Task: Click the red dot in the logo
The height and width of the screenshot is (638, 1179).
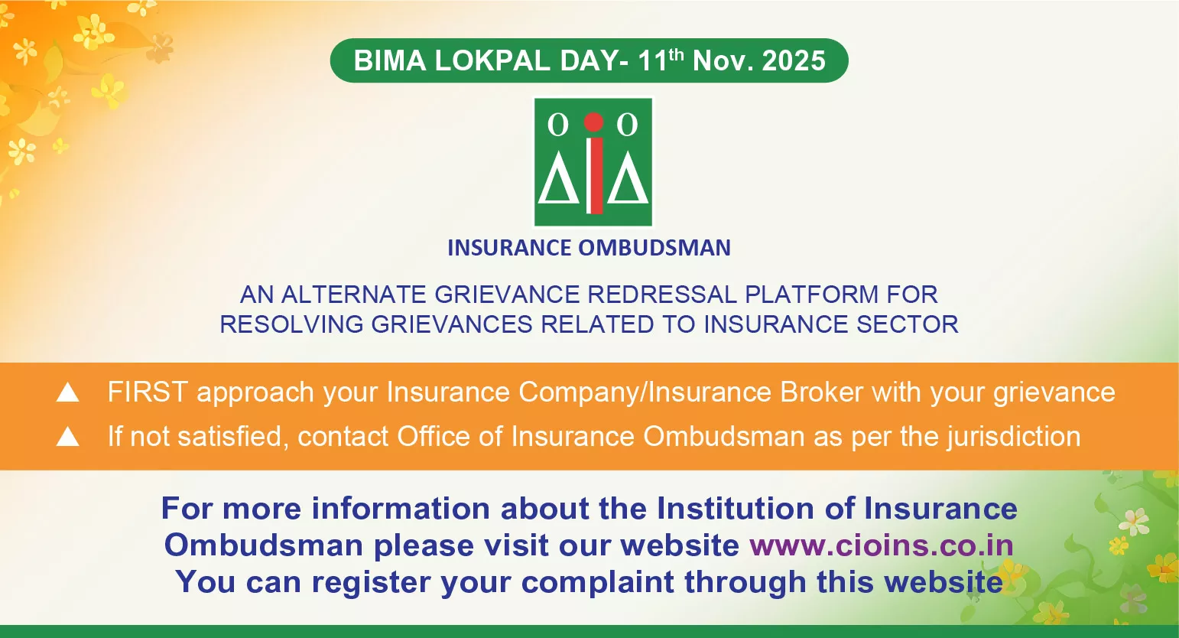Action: click(x=593, y=122)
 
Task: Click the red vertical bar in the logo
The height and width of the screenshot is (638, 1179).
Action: click(x=593, y=176)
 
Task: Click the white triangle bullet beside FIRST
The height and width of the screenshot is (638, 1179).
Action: click(x=68, y=392)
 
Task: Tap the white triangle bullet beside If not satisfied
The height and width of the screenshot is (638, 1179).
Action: click(x=68, y=437)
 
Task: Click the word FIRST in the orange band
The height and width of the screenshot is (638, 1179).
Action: click(x=147, y=392)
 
